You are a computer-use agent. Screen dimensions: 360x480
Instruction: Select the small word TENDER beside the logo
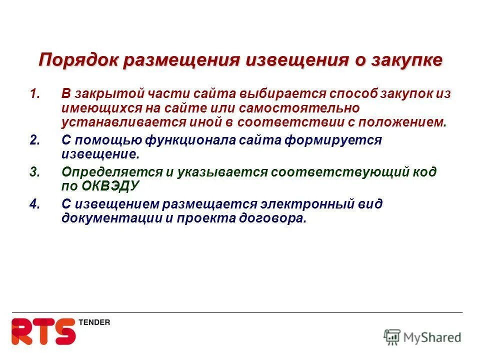point(94,322)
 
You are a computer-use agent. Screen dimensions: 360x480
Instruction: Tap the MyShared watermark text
point(432,337)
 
